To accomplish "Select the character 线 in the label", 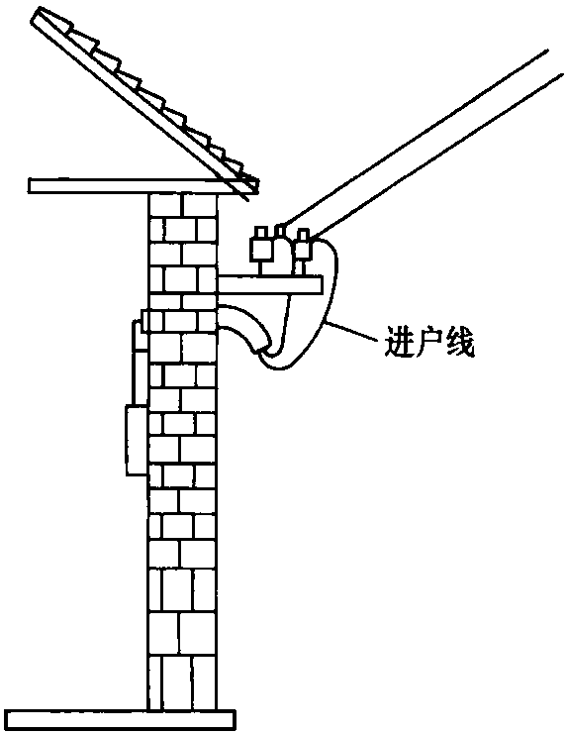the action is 460,342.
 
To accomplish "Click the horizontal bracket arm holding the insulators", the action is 270,285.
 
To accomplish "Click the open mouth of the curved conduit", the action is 263,350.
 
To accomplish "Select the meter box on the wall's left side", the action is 136,441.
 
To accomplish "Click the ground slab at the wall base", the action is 121,720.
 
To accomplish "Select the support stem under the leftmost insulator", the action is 262,267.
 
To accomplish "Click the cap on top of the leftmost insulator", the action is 261,233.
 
